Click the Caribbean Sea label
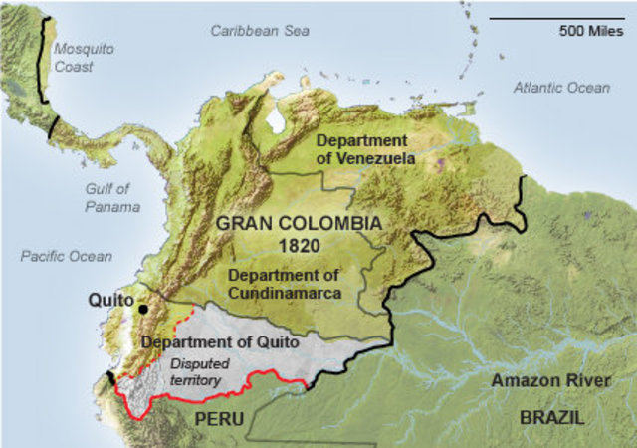(260, 31)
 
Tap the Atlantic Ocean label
(561, 88)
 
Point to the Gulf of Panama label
(107, 197)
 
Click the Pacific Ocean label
(67, 256)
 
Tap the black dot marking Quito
(143, 309)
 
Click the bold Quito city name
(109, 298)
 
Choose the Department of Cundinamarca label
(284, 284)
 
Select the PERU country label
(219, 419)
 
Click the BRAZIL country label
(551, 418)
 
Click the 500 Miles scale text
(591, 30)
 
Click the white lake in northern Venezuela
(275, 119)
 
